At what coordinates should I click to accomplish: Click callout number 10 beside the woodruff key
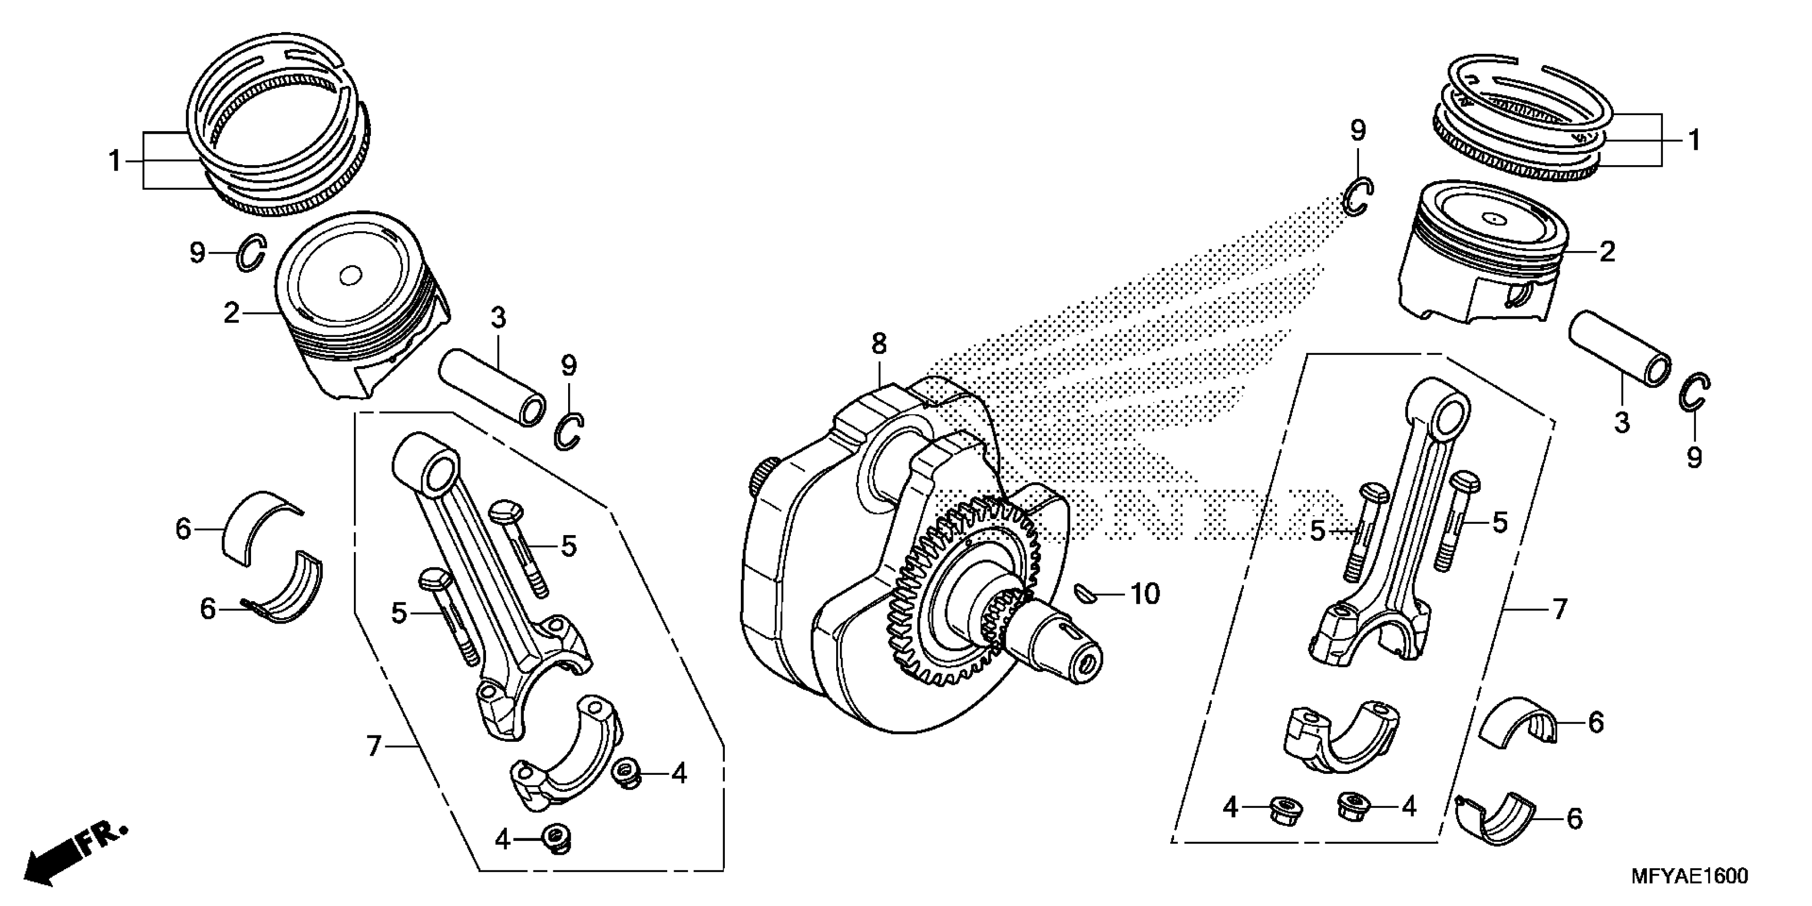pyautogui.click(x=1144, y=594)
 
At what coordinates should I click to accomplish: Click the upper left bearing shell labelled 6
pyautogui.click(x=257, y=524)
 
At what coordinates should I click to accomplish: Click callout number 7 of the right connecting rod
pyautogui.click(x=1559, y=609)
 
